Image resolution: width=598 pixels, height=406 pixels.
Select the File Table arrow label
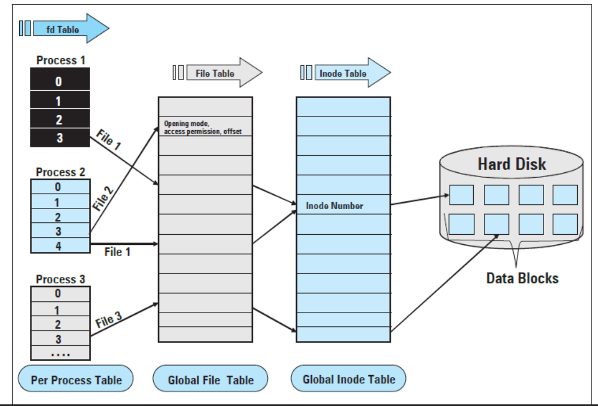point(215,73)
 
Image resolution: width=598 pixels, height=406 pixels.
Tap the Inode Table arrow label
point(342,73)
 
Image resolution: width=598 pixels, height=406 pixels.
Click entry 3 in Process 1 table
point(59,137)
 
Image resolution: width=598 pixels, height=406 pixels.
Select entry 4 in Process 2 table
point(59,245)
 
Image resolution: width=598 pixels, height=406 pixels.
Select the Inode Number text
point(334,206)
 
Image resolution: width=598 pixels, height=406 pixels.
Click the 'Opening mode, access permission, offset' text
point(200,128)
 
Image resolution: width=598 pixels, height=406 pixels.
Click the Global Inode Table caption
point(348,380)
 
